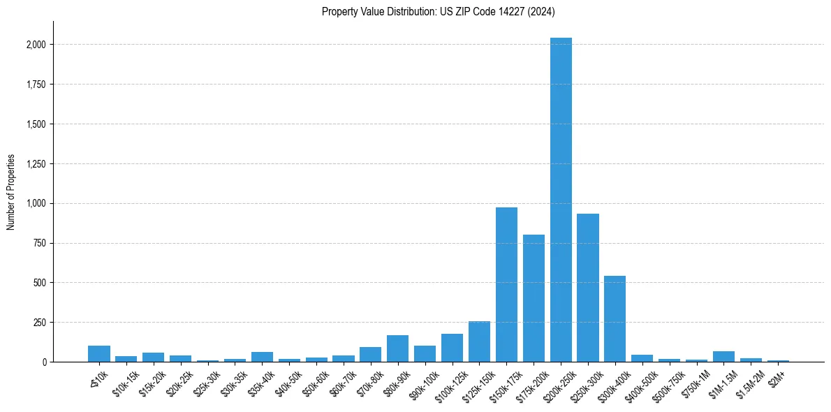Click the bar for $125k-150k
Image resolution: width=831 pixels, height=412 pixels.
point(479,341)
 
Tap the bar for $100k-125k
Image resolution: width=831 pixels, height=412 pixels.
point(452,348)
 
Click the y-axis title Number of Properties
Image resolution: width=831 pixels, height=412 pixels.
point(10,192)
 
